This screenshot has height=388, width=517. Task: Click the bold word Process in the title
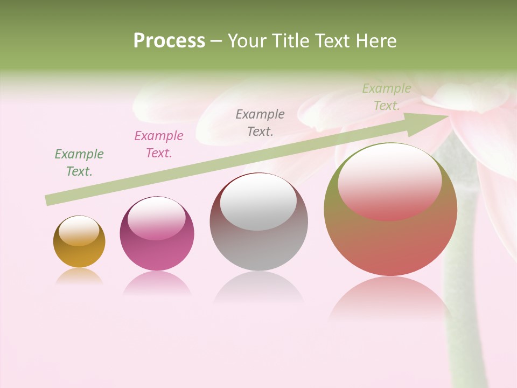tap(169, 41)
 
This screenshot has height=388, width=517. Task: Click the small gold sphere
tap(79, 241)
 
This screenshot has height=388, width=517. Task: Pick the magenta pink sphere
tap(157, 233)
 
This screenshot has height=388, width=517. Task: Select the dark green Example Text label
tap(79, 163)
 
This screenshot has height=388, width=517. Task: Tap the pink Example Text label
tap(159, 144)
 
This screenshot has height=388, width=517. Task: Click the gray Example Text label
tap(260, 122)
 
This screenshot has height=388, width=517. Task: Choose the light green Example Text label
tap(387, 97)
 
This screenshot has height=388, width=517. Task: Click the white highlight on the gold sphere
tap(79, 231)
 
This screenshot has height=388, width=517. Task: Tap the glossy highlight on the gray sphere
tap(258, 203)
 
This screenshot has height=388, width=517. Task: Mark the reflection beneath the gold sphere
tap(79, 276)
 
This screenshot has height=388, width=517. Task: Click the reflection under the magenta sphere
tap(157, 283)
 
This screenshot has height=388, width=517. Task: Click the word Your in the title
tap(247, 41)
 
